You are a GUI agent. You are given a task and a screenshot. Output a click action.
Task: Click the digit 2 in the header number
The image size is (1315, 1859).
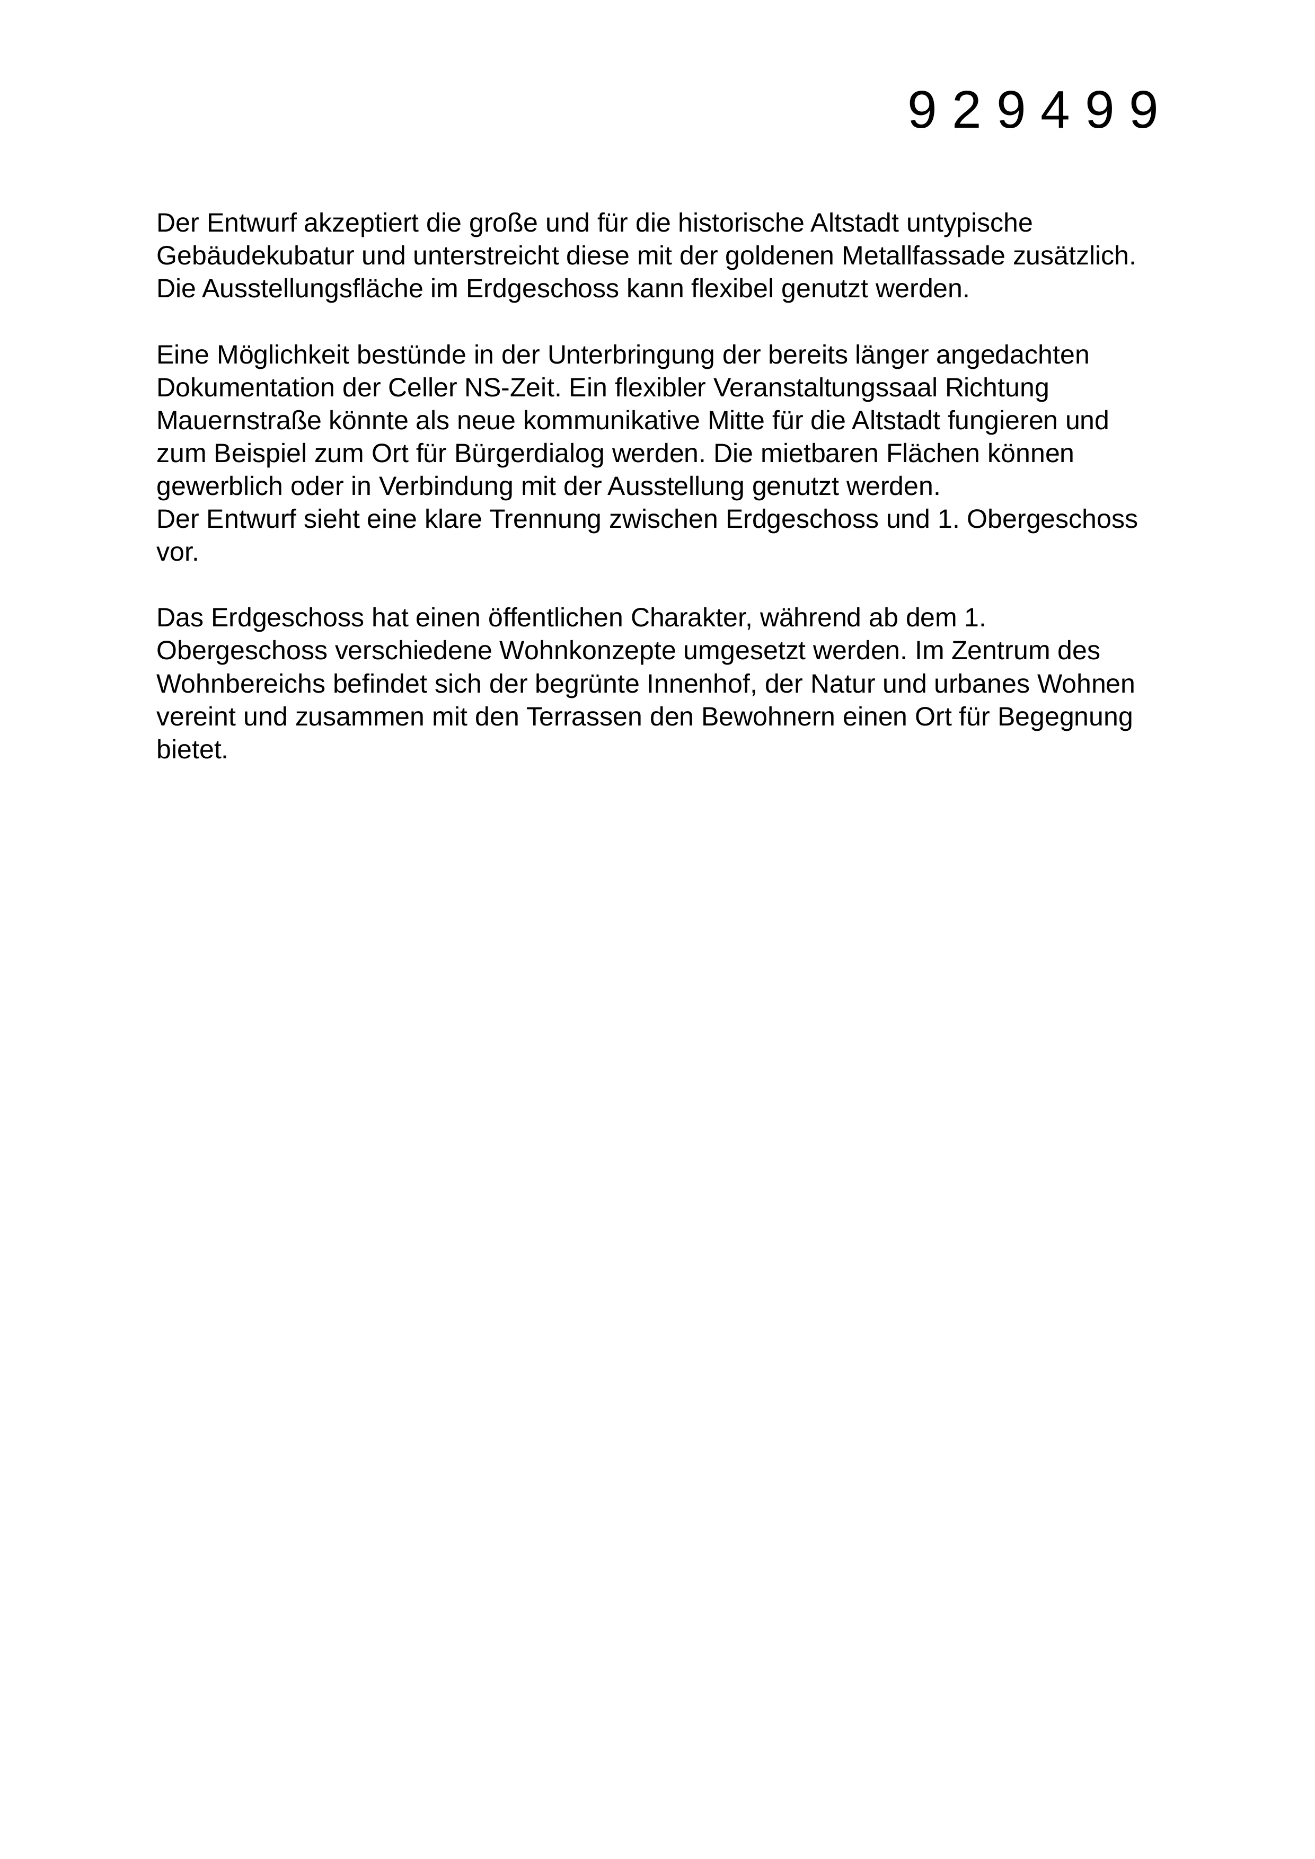[967, 111]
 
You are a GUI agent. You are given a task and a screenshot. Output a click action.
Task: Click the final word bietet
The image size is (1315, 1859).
[191, 750]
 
